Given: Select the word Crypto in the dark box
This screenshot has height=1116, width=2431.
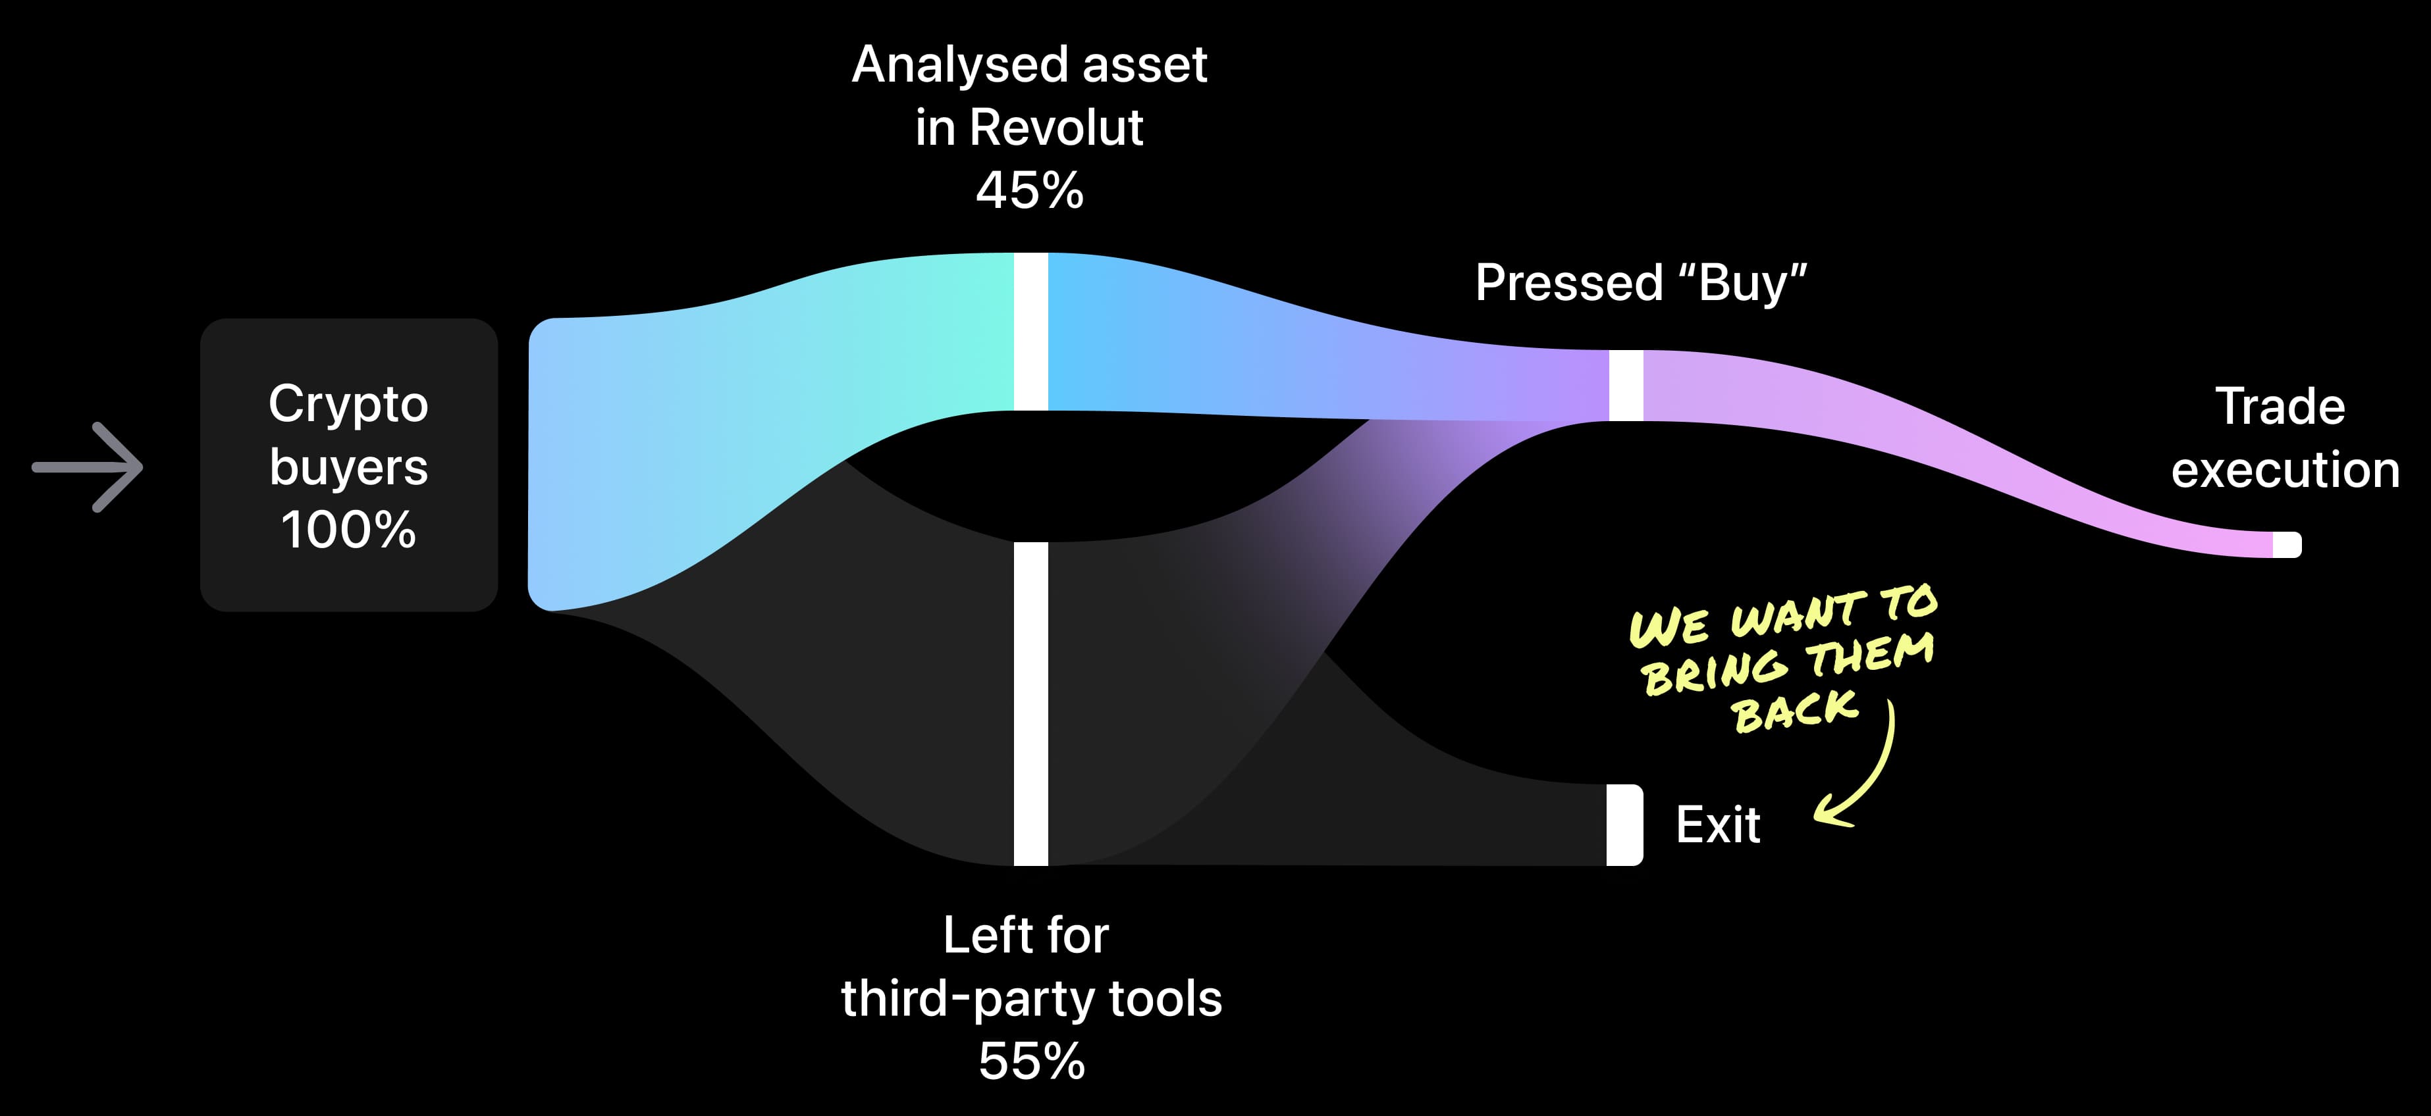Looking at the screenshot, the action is point(348,405).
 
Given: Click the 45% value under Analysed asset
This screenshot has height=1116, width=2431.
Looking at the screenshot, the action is point(1030,191).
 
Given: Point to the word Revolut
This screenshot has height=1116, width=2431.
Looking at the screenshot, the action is point(1056,128).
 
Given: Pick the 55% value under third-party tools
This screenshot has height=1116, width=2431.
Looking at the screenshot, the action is point(1032,1061).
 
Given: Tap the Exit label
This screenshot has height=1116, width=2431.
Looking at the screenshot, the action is point(1717,825).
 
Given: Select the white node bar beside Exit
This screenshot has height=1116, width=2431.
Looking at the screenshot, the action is point(1624,824).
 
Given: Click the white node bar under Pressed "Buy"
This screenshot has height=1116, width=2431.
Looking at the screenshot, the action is point(1625,385).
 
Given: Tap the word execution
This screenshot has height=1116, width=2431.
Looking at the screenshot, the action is point(2285,470).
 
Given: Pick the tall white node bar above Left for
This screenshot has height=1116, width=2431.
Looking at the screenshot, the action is point(1030,703).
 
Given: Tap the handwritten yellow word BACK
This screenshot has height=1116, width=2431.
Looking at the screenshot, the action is point(1794,711).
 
